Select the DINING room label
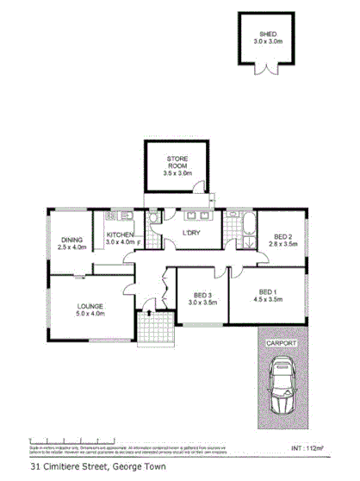(71, 240)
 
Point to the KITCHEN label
(120, 234)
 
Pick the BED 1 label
(269, 291)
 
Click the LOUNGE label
(89, 306)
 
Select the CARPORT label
(282, 342)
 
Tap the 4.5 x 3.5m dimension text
(269, 300)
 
